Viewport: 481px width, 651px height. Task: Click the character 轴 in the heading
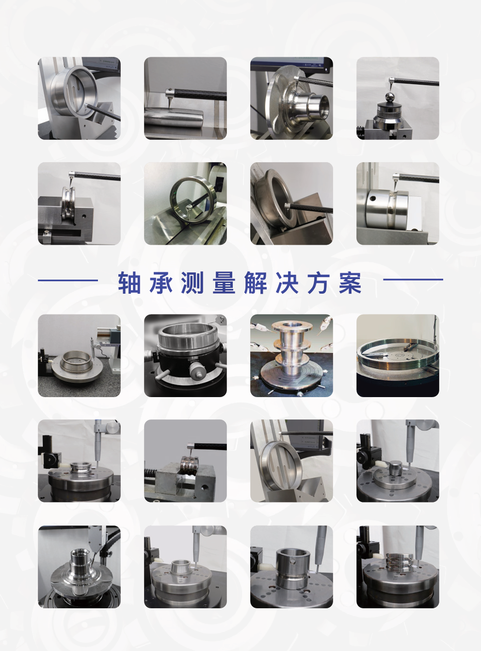(x=129, y=283)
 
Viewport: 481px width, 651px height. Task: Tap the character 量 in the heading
(x=224, y=283)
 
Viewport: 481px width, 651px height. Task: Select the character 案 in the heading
(x=350, y=283)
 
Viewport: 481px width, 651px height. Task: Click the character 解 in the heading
(x=256, y=283)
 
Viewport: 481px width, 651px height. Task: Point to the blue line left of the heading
(x=68, y=280)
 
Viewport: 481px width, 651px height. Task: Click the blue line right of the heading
(x=413, y=280)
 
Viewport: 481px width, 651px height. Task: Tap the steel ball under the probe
(x=391, y=97)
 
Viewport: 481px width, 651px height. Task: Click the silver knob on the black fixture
(x=195, y=370)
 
